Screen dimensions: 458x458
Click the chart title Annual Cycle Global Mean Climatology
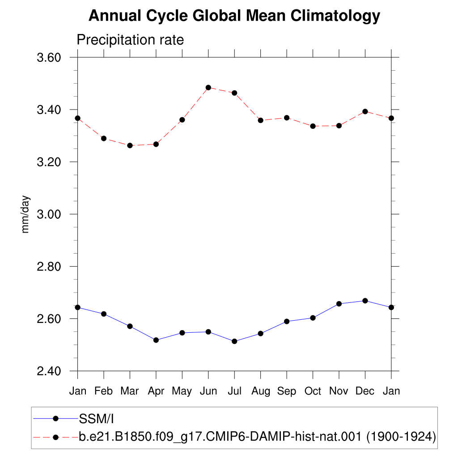(234, 16)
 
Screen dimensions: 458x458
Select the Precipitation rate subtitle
(130, 40)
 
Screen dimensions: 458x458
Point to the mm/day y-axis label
(25, 214)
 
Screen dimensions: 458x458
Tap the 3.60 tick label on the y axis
(49, 58)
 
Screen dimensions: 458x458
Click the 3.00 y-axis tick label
(49, 214)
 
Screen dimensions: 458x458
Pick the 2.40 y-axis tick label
(49, 371)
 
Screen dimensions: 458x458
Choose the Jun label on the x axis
(208, 391)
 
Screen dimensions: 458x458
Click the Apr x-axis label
(156, 391)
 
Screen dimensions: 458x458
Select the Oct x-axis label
(313, 391)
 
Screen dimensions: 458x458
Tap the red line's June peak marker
(208, 88)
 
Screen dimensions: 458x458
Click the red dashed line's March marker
(130, 145)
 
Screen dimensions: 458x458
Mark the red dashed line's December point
(365, 111)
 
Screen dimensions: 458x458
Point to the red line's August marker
(261, 120)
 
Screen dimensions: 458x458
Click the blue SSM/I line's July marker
(234, 341)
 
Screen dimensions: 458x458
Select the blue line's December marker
(365, 301)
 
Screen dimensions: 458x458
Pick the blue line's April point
(156, 340)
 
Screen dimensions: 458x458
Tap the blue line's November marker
(339, 304)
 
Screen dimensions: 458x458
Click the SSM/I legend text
(97, 419)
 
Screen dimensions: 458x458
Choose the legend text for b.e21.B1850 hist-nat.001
(257, 437)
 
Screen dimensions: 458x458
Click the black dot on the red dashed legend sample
(55, 437)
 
